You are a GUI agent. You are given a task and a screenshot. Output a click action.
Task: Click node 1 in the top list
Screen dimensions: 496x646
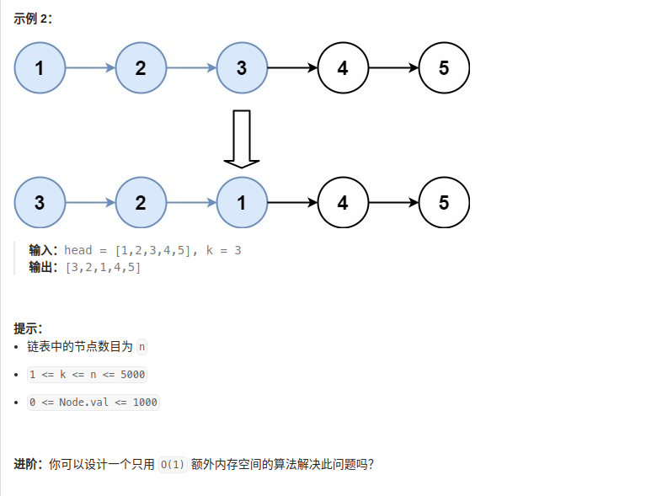coord(40,68)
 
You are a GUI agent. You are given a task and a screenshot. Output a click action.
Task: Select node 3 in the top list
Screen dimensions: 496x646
coord(242,68)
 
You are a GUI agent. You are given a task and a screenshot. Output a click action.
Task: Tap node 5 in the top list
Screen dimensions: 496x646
coord(444,68)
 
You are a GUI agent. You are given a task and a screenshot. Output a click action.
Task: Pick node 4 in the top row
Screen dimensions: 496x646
coord(343,68)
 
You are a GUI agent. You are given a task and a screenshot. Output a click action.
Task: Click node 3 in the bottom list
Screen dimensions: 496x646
coord(40,202)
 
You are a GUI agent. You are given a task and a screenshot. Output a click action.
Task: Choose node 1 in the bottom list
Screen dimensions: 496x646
coord(242,202)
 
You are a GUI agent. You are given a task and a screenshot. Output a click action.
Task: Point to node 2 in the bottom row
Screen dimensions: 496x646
coord(141,202)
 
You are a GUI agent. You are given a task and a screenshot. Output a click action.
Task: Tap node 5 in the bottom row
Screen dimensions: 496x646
coord(444,202)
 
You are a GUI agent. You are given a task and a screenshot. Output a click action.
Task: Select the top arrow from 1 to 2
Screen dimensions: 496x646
coord(90,68)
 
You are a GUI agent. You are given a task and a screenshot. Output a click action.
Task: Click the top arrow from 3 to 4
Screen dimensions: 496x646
coord(292,68)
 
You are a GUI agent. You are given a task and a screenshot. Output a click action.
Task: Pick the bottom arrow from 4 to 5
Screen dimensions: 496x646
coord(393,202)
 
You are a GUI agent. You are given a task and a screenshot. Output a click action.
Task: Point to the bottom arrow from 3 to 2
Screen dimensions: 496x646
coord(90,202)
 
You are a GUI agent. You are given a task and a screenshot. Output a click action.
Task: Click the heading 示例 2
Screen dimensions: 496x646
coord(33,19)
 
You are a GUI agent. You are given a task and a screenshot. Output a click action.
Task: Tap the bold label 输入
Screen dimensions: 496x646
coord(42,250)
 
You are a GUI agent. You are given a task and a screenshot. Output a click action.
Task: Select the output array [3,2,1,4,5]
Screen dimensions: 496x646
coord(102,267)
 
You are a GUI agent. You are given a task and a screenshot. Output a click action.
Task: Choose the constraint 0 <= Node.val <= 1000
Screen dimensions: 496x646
coord(93,403)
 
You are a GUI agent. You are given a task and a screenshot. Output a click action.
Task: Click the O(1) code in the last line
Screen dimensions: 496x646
coord(172,464)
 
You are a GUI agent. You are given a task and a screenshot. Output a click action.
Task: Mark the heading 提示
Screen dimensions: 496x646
coord(28,328)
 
